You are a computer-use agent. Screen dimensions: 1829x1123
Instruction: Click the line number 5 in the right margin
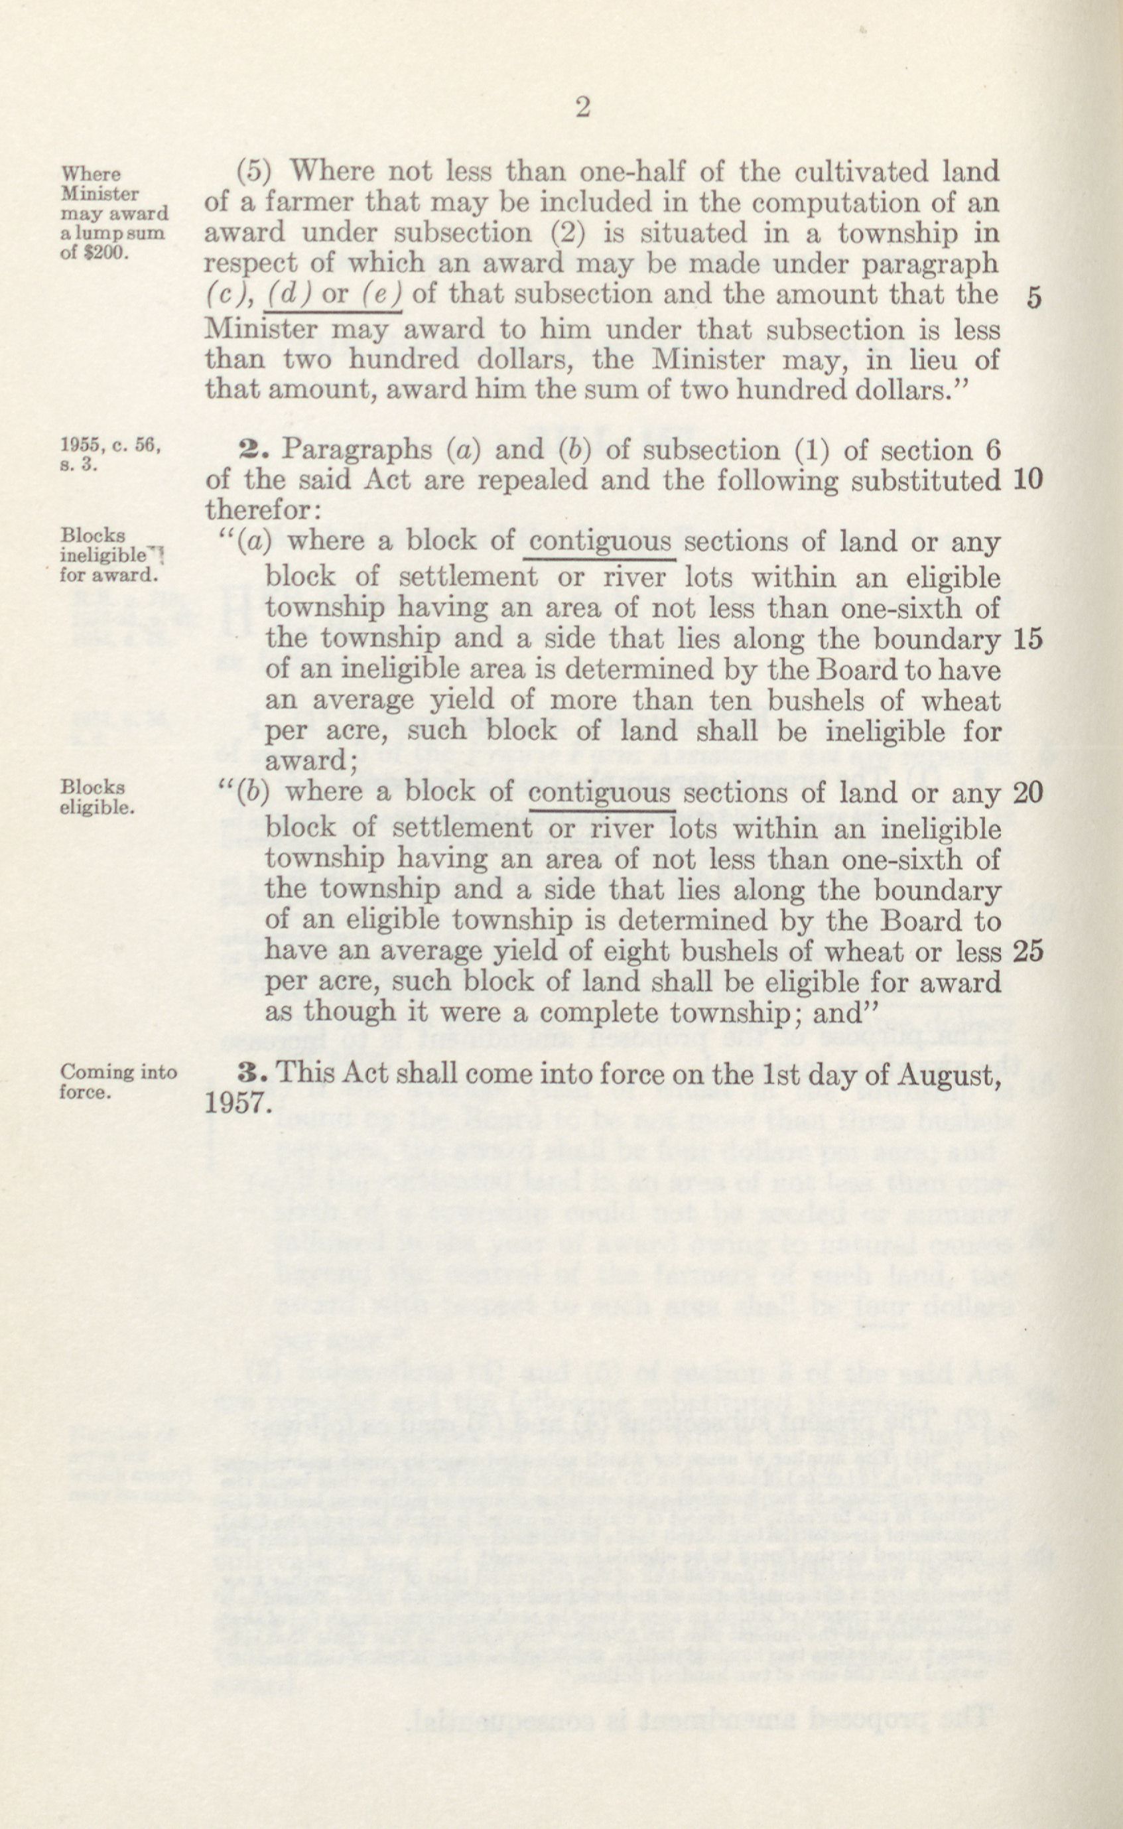(1034, 298)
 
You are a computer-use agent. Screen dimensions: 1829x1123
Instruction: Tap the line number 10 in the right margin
(1029, 480)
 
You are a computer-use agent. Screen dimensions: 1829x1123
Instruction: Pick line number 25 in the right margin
(1029, 951)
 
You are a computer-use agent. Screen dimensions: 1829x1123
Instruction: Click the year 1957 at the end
(234, 1103)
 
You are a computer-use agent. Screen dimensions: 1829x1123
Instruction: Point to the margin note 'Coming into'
(119, 1072)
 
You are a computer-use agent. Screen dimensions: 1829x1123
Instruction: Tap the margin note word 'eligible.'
(98, 807)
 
